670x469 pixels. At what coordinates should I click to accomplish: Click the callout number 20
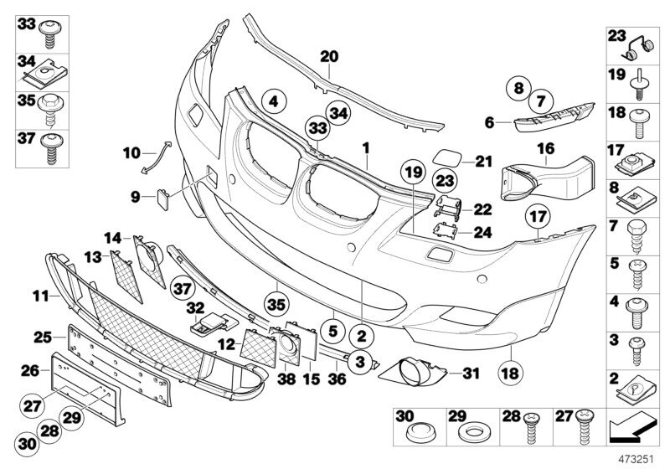point(328,57)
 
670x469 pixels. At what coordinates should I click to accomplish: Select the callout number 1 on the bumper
point(365,147)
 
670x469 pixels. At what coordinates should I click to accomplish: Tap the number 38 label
point(287,378)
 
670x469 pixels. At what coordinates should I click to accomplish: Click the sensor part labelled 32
point(213,322)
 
